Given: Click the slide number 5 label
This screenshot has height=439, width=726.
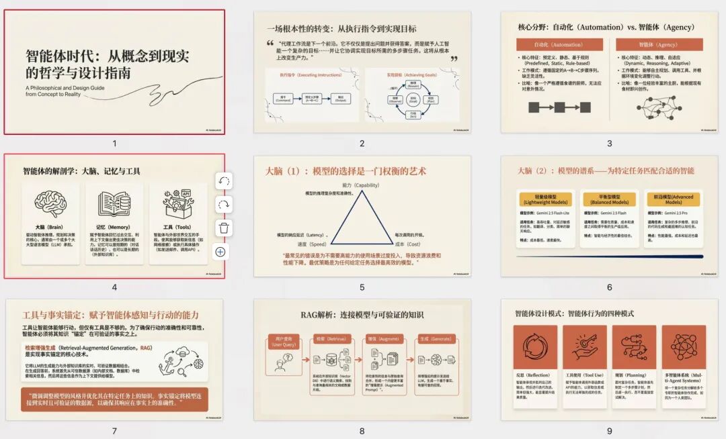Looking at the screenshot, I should [362, 287].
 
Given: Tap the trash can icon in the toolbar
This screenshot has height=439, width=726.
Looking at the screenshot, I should [224, 228].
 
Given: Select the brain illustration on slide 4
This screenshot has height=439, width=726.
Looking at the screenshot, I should [50, 202].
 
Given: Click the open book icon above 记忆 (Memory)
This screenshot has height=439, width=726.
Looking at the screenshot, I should [114, 203].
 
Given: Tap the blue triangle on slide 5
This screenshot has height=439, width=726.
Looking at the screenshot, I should [362, 217].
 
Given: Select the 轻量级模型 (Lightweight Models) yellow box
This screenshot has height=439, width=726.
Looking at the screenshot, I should [544, 199].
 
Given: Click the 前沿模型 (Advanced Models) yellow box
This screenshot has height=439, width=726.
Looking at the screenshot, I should [673, 199].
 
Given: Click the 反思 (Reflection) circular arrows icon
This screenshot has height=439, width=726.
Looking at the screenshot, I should [536, 346].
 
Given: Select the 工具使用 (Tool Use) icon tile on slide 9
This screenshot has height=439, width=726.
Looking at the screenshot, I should [585, 347].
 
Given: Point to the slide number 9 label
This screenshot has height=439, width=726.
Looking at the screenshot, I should [609, 431].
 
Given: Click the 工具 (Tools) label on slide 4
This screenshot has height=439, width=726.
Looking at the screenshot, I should [177, 228].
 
